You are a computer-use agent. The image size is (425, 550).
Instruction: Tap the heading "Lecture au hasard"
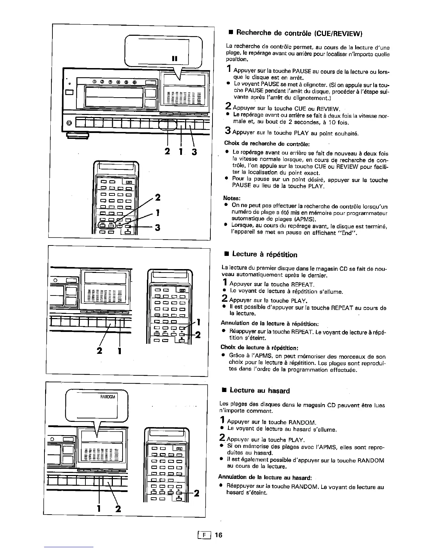tap(260, 391)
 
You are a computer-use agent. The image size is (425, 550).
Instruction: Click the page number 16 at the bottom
tap(218, 535)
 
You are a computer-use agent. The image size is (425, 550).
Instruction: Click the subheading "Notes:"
tap(232, 198)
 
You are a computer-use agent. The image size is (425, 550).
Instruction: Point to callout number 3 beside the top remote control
tap(157, 228)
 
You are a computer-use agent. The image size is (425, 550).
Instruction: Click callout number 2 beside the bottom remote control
tap(196, 493)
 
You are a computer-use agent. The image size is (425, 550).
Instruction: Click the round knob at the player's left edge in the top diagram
tap(69, 123)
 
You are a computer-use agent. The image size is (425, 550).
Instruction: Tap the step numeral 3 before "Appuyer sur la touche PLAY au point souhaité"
tap(228, 131)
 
